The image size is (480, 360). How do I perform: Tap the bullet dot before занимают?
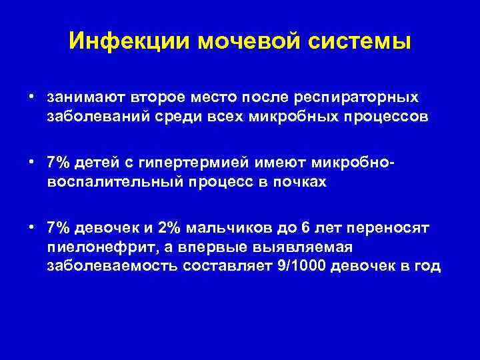(x=32, y=97)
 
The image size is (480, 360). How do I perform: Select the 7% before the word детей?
(x=58, y=163)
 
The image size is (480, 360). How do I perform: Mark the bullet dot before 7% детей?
(x=32, y=163)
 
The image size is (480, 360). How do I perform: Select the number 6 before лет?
(x=305, y=228)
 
